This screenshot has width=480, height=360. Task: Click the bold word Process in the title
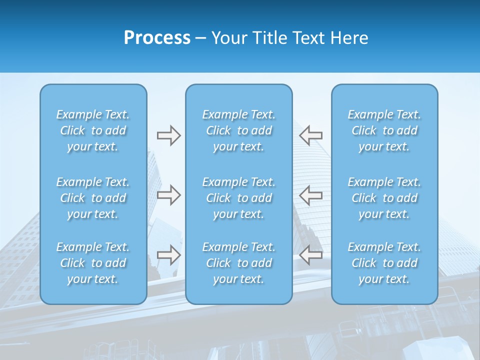pos(157,38)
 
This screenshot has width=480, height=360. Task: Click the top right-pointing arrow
pos(168,135)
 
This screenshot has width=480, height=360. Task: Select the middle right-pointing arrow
pos(168,195)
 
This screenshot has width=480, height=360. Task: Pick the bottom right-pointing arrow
pos(168,255)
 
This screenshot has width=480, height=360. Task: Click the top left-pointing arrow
pos(310,135)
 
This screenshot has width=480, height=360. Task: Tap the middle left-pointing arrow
pos(310,195)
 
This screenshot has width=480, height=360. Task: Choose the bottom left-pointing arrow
pos(310,255)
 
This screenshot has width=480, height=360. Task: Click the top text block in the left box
pos(93,130)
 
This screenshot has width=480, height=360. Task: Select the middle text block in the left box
pos(93,198)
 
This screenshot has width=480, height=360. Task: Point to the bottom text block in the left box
pos(93,263)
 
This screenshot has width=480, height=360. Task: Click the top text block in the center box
pos(239,130)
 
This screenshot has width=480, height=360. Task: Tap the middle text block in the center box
pos(239,198)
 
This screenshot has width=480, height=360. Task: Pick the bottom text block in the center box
pos(239,263)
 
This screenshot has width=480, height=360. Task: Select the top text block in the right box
pos(384,130)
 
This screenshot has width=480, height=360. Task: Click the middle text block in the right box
pos(384,198)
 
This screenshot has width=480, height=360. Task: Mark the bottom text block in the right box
pos(384,263)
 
